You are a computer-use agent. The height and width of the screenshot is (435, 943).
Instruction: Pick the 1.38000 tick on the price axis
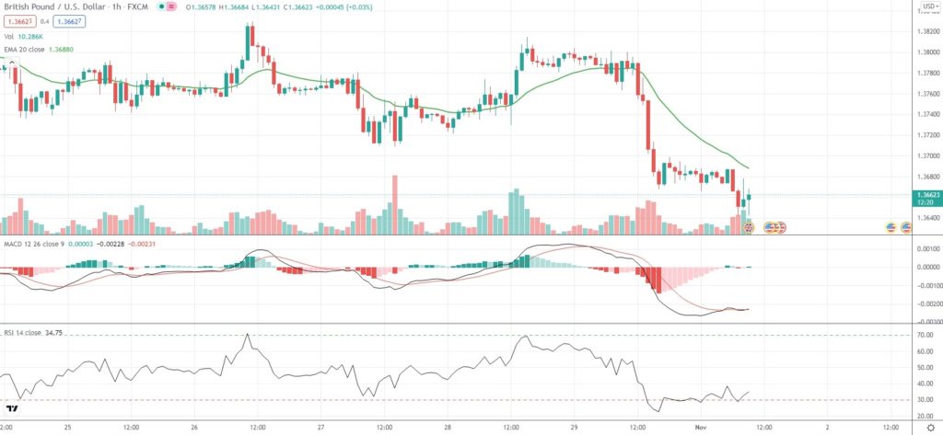(925, 52)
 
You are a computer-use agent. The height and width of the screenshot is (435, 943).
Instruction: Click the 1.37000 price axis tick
(925, 156)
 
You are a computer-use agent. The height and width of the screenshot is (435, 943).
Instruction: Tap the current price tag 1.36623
(925, 195)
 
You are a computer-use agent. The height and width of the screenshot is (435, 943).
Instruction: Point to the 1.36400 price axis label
(925, 219)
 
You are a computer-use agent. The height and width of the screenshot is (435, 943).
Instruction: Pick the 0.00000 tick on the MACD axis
(925, 268)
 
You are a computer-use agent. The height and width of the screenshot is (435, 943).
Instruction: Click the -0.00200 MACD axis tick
(925, 303)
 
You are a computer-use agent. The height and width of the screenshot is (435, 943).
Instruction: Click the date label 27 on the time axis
(320, 428)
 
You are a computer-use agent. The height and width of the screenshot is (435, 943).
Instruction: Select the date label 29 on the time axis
(574, 428)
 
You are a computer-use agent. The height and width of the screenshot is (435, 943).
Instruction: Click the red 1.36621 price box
(17, 22)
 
